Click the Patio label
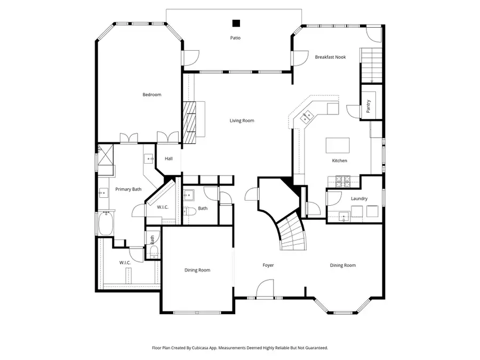[235, 38]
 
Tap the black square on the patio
[236, 23]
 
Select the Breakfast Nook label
[330, 57]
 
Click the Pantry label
[368, 106]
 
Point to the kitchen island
[338, 145]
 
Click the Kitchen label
[339, 161]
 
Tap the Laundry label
[359, 199]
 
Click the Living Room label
[242, 121]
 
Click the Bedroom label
[151, 95]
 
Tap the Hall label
[169, 158]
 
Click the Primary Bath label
[129, 189]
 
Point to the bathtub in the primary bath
[105, 223]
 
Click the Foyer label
[268, 265]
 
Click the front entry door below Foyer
[264, 290]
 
